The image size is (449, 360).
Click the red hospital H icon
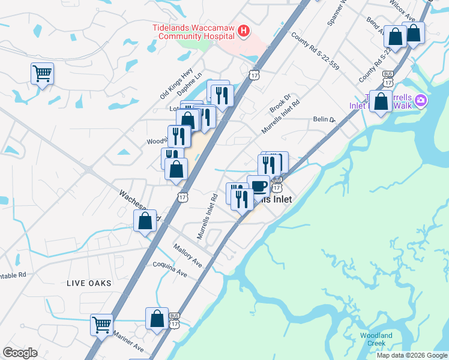243,31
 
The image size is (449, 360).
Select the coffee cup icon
258,186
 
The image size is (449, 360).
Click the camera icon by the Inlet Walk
420,100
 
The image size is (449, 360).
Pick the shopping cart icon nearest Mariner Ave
101,325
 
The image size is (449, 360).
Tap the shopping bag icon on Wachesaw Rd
145,221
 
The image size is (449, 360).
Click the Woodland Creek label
376,339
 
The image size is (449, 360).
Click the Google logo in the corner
20,352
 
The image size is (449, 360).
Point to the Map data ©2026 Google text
412,355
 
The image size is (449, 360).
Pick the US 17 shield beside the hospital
255,73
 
